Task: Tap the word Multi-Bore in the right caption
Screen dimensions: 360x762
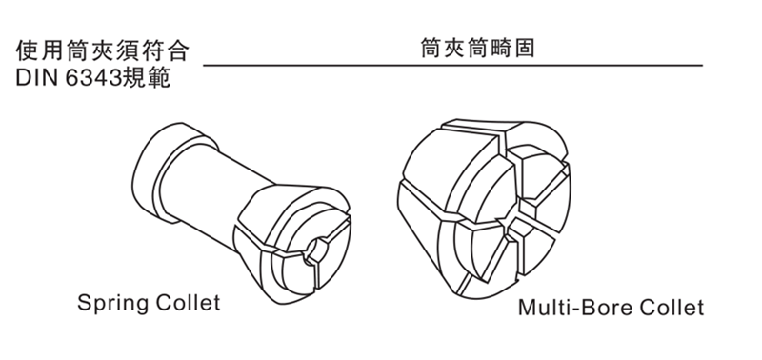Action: point(570,309)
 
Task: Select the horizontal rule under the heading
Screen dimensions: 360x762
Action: point(452,66)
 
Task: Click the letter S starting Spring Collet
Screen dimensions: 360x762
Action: point(84,305)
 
